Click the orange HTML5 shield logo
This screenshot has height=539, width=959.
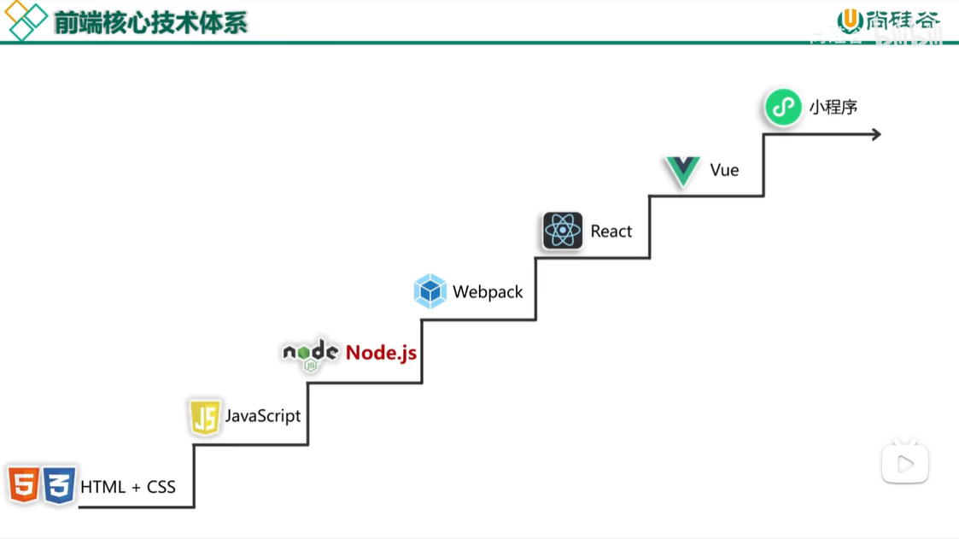pos(23,485)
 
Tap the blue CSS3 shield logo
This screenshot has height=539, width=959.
pos(59,485)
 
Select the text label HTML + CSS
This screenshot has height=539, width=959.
pos(128,487)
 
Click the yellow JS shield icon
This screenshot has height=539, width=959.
pos(204,417)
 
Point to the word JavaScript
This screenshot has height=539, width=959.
pos(263,416)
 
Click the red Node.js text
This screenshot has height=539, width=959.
pos(381,353)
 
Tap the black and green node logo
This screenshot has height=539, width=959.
pos(311,354)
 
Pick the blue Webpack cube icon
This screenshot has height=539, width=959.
pos(430,291)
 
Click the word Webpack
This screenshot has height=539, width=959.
pos(488,292)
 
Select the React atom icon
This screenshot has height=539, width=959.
pos(562,231)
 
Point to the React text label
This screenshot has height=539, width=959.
pos(611,231)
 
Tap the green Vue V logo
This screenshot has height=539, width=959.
pos(682,171)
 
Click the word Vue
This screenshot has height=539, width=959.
pos(724,170)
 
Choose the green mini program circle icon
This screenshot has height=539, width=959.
pos(782,108)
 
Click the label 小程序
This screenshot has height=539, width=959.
pos(833,108)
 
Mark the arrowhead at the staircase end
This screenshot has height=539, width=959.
pos(876,134)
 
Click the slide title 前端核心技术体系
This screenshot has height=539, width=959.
pos(151,22)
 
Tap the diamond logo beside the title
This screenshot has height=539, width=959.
pos(26,21)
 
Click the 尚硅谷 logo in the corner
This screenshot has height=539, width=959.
pos(888,21)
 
